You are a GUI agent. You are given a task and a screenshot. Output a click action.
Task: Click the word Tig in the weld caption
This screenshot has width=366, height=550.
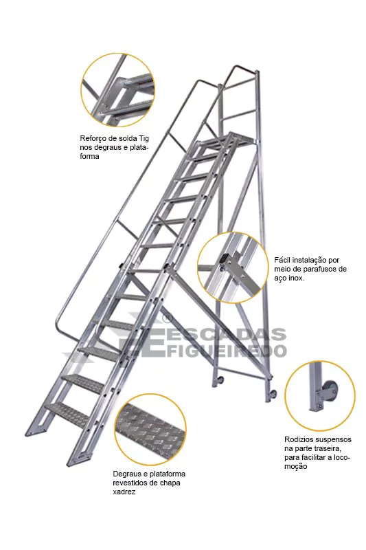tap(144, 138)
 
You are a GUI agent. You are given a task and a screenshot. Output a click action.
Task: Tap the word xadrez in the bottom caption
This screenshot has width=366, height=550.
tap(124, 492)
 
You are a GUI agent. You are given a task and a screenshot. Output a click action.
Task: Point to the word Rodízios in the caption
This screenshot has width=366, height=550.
tap(299, 439)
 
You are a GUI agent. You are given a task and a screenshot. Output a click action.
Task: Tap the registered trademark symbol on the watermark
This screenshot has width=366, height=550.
tap(167, 318)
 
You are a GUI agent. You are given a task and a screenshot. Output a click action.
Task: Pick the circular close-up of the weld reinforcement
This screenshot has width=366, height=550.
tap(117, 90)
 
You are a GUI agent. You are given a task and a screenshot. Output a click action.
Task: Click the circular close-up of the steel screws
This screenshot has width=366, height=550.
tap(233, 267)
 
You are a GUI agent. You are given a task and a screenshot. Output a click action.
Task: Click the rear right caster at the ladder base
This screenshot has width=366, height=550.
tap(272, 395)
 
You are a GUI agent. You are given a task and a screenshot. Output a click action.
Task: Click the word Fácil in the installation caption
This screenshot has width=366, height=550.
tap(282, 260)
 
